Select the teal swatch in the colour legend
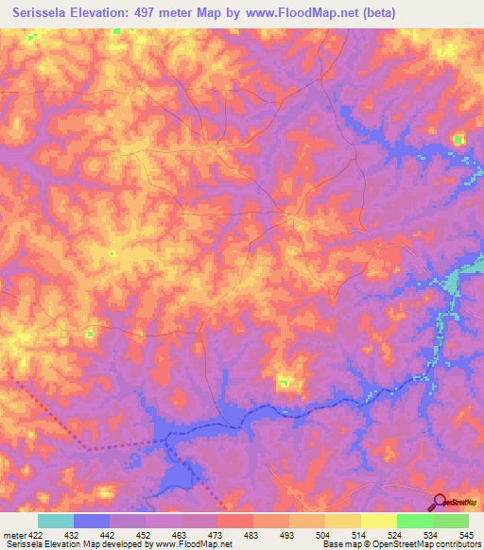click(x=55, y=521)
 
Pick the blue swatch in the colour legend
click(x=91, y=521)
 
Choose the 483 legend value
click(x=251, y=534)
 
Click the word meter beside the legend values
click(x=11, y=534)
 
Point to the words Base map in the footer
click(x=337, y=544)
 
